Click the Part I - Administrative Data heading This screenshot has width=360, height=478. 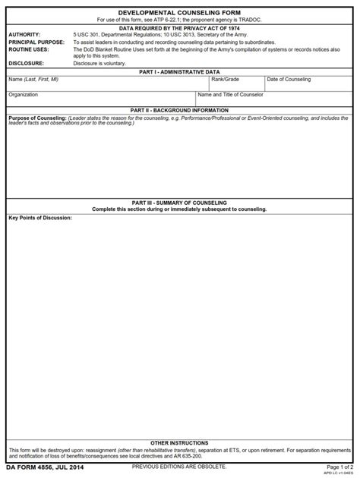click(x=179, y=71)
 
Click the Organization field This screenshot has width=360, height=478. click(x=99, y=99)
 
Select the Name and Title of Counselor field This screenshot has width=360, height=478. click(x=274, y=99)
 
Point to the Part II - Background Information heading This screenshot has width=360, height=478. click(x=179, y=110)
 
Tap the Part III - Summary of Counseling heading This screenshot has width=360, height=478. click(x=179, y=203)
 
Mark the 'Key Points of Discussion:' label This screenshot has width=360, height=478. click(x=40, y=218)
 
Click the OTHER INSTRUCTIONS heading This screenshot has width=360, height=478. click(x=179, y=442)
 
